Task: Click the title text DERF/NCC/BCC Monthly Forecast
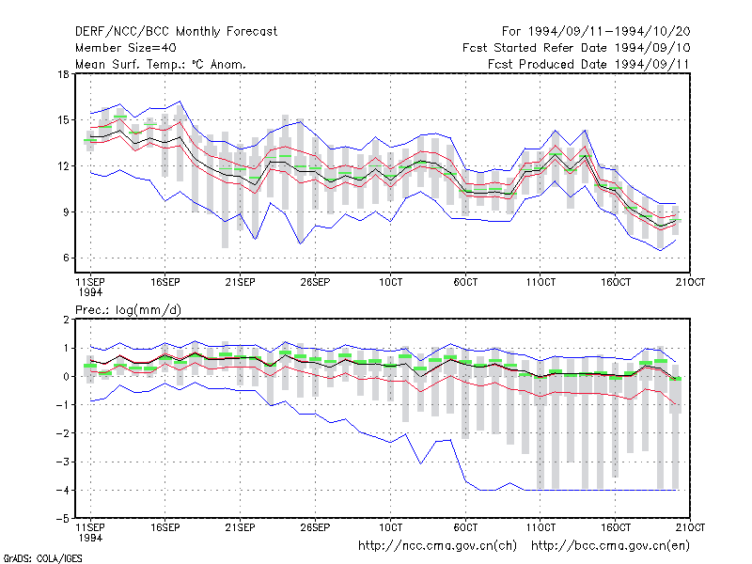point(176,32)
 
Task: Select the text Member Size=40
point(126,48)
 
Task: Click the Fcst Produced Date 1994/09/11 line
point(588,64)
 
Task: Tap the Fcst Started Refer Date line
point(576,48)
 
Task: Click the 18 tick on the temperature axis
point(64,74)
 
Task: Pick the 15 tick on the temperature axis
point(64,120)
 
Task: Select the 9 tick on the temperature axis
point(66,212)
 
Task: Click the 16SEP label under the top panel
point(165,282)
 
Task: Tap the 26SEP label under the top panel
point(315,282)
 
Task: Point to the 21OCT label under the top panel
point(690,282)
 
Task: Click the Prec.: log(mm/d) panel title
point(128,310)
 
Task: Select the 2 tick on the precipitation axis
point(66,320)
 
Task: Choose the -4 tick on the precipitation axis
point(63,490)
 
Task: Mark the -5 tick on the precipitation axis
point(63,519)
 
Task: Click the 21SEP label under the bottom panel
point(241,527)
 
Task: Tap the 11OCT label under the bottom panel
point(540,527)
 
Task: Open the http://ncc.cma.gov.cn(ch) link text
point(437,546)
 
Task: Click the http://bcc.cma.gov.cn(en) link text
point(610,546)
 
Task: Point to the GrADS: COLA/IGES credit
point(42,558)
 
